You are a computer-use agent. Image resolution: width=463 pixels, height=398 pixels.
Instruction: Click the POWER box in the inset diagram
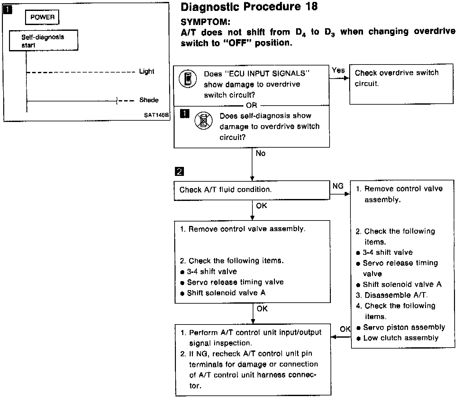click(x=42, y=17)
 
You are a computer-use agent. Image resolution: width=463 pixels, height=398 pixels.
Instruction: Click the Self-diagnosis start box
click(x=43, y=41)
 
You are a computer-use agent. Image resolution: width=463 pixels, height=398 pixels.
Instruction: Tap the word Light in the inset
click(x=147, y=71)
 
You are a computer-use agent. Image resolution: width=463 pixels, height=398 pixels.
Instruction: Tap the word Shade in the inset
click(x=149, y=100)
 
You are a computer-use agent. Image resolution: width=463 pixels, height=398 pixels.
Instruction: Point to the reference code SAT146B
click(x=156, y=115)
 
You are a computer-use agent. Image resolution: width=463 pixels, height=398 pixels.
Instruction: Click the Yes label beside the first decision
click(x=338, y=70)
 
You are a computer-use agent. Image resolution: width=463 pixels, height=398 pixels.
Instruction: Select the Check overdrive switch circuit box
click(x=401, y=84)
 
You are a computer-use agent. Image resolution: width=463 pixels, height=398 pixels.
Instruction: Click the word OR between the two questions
click(x=251, y=106)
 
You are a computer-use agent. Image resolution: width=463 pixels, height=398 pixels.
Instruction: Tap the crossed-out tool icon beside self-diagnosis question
click(x=204, y=121)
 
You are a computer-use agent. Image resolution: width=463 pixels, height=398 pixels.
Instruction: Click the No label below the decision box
click(x=260, y=153)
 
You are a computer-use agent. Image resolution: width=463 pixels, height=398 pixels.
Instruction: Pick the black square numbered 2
click(x=179, y=172)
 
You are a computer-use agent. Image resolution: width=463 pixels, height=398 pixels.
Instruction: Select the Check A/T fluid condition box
click(x=251, y=190)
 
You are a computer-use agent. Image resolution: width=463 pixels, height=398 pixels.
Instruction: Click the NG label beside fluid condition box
click(x=338, y=186)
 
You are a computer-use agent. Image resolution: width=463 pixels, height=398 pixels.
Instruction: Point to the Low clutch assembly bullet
click(x=400, y=338)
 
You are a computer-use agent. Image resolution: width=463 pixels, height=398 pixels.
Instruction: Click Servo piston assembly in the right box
click(x=404, y=327)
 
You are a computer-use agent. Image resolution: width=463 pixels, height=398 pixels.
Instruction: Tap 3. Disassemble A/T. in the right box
click(x=392, y=295)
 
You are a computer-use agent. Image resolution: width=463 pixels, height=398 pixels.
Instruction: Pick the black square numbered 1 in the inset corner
click(x=8, y=10)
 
